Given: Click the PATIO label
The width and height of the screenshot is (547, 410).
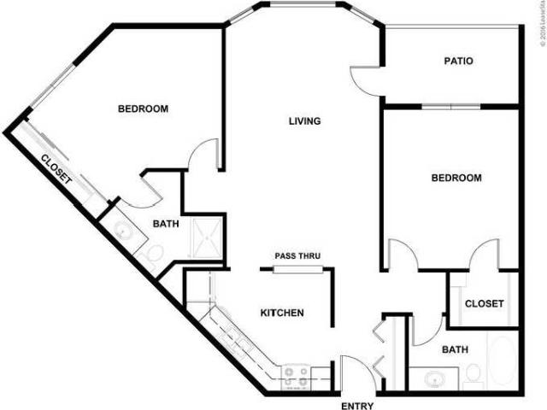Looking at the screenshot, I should tap(459, 61).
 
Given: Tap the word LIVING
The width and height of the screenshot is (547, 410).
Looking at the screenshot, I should tap(303, 121).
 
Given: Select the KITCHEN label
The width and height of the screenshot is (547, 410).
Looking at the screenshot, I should tap(282, 313).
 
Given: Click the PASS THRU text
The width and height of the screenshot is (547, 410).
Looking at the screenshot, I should tap(297, 256).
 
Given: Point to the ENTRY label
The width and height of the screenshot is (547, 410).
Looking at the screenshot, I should tap(357, 406).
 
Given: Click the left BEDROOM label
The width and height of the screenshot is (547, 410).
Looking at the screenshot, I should tap(143, 109).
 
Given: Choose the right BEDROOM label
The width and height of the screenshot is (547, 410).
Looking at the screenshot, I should tap(456, 179).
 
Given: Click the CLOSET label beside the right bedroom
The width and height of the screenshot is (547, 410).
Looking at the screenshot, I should tap(484, 303).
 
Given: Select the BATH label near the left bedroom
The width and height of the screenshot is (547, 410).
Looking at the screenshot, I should tap(165, 225).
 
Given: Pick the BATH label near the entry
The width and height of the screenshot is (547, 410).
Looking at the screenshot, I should tap(454, 349).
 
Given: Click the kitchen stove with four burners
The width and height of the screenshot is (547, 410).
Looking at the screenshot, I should tap(297, 373).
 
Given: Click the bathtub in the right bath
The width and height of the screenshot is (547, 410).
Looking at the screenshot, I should tap(501, 360).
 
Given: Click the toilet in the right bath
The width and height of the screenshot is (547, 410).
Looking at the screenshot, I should tap(473, 373).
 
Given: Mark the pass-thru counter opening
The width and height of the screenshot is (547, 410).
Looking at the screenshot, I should tap(297, 270).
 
